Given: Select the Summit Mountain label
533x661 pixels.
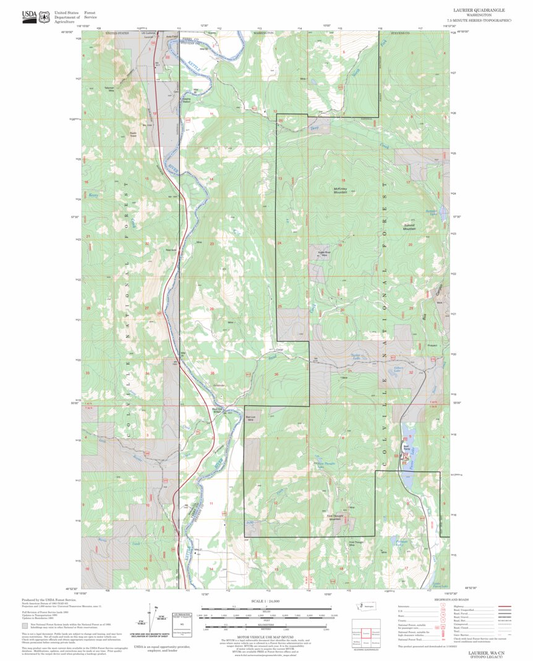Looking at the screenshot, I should (x=409, y=227).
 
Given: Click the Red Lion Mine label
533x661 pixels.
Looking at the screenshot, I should (x=254, y=418).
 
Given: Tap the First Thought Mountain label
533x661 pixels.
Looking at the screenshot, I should (x=335, y=517).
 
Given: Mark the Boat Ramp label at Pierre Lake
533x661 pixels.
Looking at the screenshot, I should (x=406, y=448).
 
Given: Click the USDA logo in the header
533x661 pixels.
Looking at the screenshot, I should (x=29, y=17).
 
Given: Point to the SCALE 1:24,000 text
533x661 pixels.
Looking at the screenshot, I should (x=266, y=600).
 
